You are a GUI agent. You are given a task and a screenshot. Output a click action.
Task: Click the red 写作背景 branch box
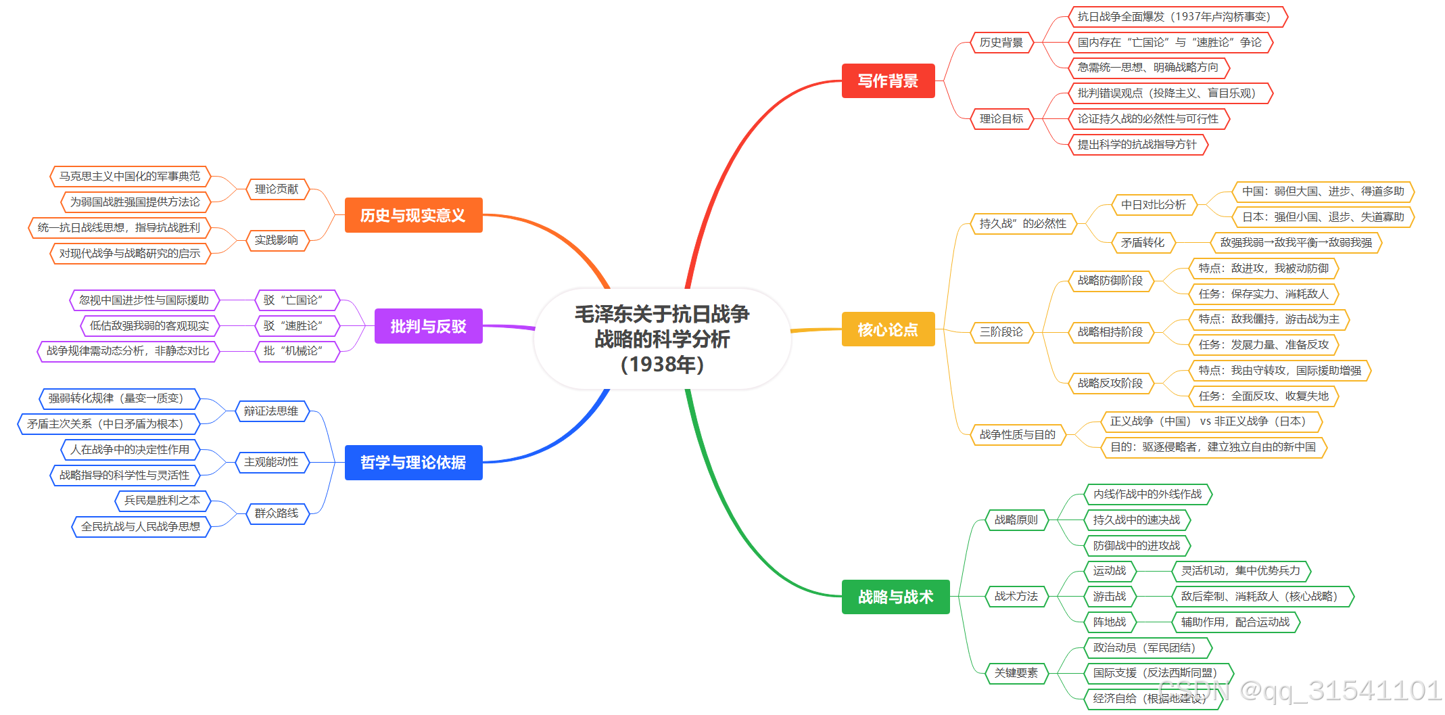pyautogui.click(x=888, y=81)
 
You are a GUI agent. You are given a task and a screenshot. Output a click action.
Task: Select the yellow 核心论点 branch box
pyautogui.click(x=888, y=329)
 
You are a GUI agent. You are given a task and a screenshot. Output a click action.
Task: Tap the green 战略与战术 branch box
pyautogui.click(x=895, y=597)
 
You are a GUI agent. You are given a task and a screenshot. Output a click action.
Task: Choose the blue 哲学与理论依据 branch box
pyautogui.click(x=413, y=463)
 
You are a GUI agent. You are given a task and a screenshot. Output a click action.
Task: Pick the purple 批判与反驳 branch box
pyautogui.click(x=428, y=326)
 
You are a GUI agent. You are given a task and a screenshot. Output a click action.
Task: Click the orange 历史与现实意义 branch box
pyautogui.click(x=413, y=215)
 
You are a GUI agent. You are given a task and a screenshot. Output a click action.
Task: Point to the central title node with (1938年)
pyautogui.click(x=662, y=339)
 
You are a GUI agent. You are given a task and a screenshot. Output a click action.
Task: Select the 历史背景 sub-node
pyautogui.click(x=1001, y=43)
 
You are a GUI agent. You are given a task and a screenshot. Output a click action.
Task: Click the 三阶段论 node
pyautogui.click(x=1001, y=332)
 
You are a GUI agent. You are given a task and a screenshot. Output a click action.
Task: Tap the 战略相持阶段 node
pyautogui.click(x=1110, y=332)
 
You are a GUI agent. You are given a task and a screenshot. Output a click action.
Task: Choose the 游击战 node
pyautogui.click(x=1109, y=597)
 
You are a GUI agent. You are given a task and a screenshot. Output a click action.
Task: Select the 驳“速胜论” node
pyautogui.click(x=293, y=326)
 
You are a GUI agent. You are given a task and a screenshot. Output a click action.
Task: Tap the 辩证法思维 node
pyautogui.click(x=271, y=411)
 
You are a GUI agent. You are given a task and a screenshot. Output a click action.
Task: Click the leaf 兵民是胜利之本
pyautogui.click(x=162, y=501)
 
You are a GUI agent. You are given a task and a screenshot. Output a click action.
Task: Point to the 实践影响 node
pyautogui.click(x=277, y=241)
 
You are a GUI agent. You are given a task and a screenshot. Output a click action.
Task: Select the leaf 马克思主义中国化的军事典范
pyautogui.click(x=130, y=177)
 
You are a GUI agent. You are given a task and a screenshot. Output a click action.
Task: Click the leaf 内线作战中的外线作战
pyautogui.click(x=1147, y=494)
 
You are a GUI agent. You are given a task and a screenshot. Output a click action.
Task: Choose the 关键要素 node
pyautogui.click(x=1016, y=673)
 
